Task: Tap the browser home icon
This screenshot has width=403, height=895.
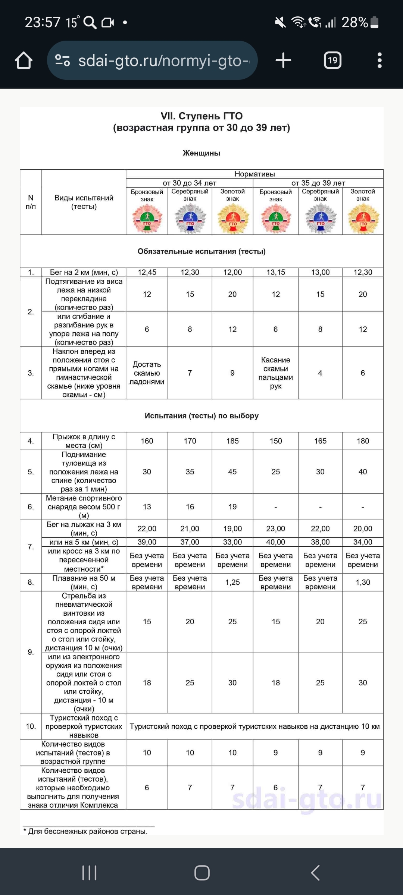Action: tap(24, 60)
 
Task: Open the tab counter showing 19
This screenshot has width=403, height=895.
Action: tap(332, 60)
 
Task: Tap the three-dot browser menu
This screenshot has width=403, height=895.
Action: tap(379, 60)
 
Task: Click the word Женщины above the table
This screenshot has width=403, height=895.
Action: tap(201, 153)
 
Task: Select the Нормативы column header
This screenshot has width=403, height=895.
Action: tap(254, 174)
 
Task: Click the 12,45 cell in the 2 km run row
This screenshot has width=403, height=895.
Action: tap(147, 272)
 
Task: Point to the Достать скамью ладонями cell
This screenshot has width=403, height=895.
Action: tap(147, 373)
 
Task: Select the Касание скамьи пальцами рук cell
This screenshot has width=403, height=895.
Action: tap(275, 373)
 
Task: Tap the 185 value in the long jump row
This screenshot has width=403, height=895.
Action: tap(232, 441)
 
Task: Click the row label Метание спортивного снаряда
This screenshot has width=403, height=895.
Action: tap(84, 507)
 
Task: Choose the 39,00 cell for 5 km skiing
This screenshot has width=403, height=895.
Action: tap(147, 542)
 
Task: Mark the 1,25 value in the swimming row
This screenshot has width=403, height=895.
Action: tap(232, 582)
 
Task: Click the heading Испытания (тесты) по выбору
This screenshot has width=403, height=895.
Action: tap(201, 416)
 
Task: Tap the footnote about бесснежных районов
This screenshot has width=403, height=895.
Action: tap(88, 831)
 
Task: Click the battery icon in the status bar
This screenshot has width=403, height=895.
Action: tap(375, 22)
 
